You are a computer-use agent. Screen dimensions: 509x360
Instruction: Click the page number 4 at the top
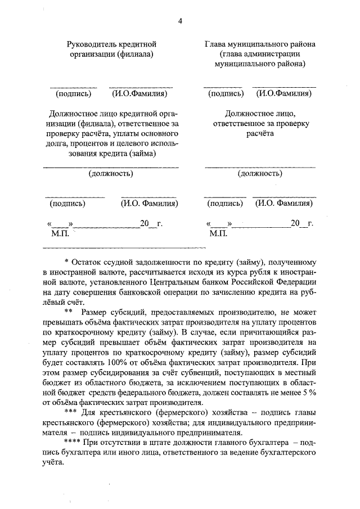pos(179,21)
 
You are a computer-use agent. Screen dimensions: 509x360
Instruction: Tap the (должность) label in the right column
pos(260,174)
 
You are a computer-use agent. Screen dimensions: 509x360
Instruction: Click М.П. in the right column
pos(217,233)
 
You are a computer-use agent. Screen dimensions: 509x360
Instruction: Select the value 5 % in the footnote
pos(308,393)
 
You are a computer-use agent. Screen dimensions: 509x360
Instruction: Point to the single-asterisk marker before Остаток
pos(67,262)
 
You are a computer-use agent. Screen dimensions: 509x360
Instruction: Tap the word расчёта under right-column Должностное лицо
pos(259,133)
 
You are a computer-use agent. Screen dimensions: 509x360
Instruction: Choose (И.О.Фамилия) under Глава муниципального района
pos(283,93)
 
